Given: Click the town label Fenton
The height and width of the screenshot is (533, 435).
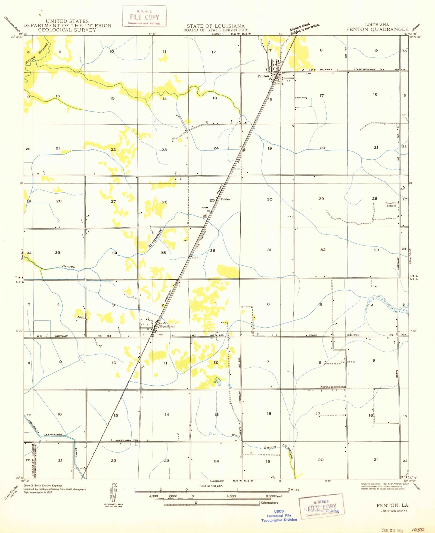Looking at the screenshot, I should click(x=263, y=76).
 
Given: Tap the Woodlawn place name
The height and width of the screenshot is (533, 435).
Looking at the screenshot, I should click(x=167, y=326).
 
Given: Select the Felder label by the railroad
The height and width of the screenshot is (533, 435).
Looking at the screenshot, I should click(x=225, y=199).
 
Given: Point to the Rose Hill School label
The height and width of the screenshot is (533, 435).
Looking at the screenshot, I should click(x=391, y=204).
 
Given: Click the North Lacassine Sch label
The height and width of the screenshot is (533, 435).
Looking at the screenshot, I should click(x=333, y=387).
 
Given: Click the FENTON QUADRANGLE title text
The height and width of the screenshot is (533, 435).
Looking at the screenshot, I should click(x=377, y=29).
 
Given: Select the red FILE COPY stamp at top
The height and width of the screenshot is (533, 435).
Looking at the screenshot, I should click(x=144, y=16).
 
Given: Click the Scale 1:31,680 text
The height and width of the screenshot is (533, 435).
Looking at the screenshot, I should click(x=211, y=486).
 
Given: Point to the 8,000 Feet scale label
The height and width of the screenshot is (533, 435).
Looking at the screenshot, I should click(x=274, y=496).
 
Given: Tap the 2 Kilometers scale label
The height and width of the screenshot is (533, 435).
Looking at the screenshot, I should click(x=269, y=503).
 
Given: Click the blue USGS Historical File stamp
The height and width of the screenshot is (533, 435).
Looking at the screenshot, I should click(x=279, y=516).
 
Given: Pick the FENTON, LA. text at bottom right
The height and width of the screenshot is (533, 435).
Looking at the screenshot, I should click(x=393, y=505).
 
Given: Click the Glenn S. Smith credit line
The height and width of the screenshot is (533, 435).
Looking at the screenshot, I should click(x=43, y=485).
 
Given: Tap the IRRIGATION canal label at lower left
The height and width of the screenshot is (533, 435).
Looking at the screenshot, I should click(x=53, y=435).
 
